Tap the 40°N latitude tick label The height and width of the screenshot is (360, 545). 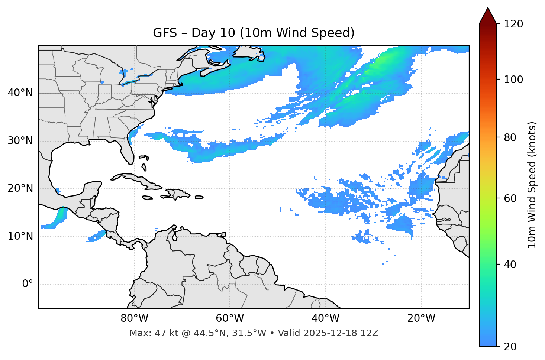click(x=20, y=93)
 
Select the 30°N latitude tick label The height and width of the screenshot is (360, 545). click(x=20, y=141)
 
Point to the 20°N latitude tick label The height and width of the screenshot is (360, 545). click(x=20, y=188)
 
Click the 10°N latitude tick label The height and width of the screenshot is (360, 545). click(x=20, y=236)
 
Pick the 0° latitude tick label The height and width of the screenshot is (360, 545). click(x=28, y=284)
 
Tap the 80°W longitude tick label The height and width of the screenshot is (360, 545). click(x=134, y=318)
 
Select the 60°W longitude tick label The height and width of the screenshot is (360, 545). click(x=230, y=318)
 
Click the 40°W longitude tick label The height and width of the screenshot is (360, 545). click(x=325, y=318)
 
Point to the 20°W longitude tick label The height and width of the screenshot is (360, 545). click(x=421, y=318)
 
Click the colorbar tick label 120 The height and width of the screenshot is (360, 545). click(x=513, y=24)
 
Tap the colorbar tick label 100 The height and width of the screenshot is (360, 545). click(x=513, y=80)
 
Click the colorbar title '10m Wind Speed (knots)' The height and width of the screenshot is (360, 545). click(x=532, y=185)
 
